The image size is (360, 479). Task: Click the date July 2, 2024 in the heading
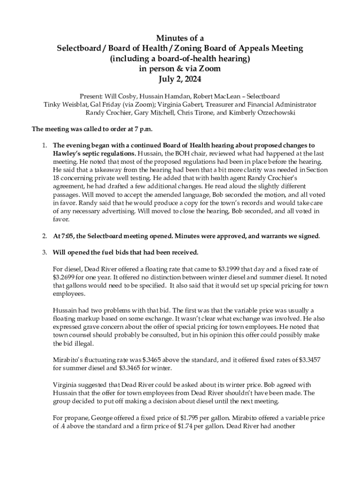(180, 80)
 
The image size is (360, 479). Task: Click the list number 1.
(44, 145)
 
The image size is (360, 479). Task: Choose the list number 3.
(44, 253)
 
